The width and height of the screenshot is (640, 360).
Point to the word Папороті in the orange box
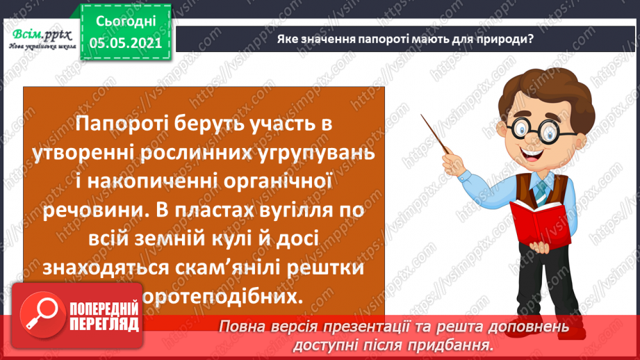pos(113,124)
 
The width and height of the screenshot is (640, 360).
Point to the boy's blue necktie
pos(540,189)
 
